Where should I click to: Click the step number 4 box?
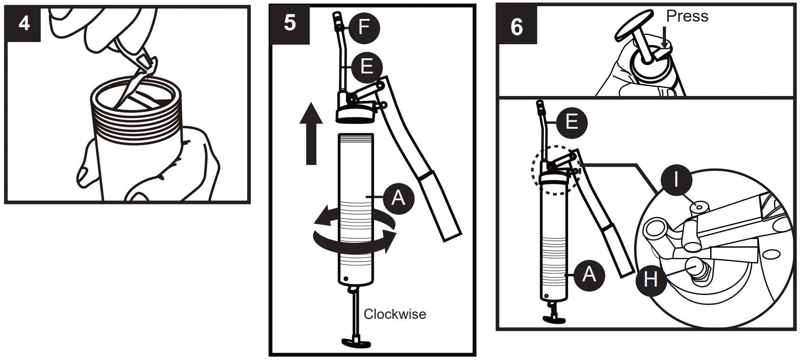(x=23, y=23)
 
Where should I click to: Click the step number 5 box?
(x=289, y=23)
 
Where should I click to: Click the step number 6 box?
(x=516, y=26)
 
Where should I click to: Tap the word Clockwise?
(x=395, y=314)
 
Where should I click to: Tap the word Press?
(x=687, y=16)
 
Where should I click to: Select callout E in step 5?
(x=366, y=67)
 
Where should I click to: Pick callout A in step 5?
(x=398, y=197)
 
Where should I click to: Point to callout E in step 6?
(x=571, y=121)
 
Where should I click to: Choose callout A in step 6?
(x=588, y=275)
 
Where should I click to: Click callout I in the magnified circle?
(x=676, y=180)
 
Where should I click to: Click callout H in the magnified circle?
(x=650, y=280)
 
